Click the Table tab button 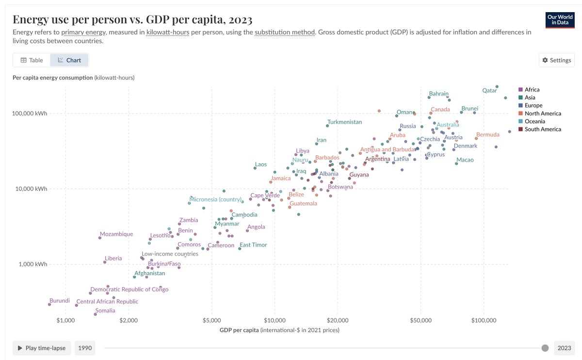pyautogui.click(x=32, y=60)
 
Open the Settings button pyautogui.click(x=556, y=60)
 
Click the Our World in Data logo pyautogui.click(x=560, y=20)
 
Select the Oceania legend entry pyautogui.click(x=534, y=121)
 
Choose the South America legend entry pyautogui.click(x=542, y=129)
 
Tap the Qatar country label pyautogui.click(x=489, y=90)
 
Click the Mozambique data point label pyautogui.click(x=116, y=234)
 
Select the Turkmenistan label pyautogui.click(x=344, y=122)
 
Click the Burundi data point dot pyautogui.click(x=49, y=304)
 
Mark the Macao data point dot pyautogui.click(x=456, y=164)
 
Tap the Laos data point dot pyautogui.click(x=255, y=168)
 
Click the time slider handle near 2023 pyautogui.click(x=545, y=348)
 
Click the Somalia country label pyautogui.click(x=105, y=311)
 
